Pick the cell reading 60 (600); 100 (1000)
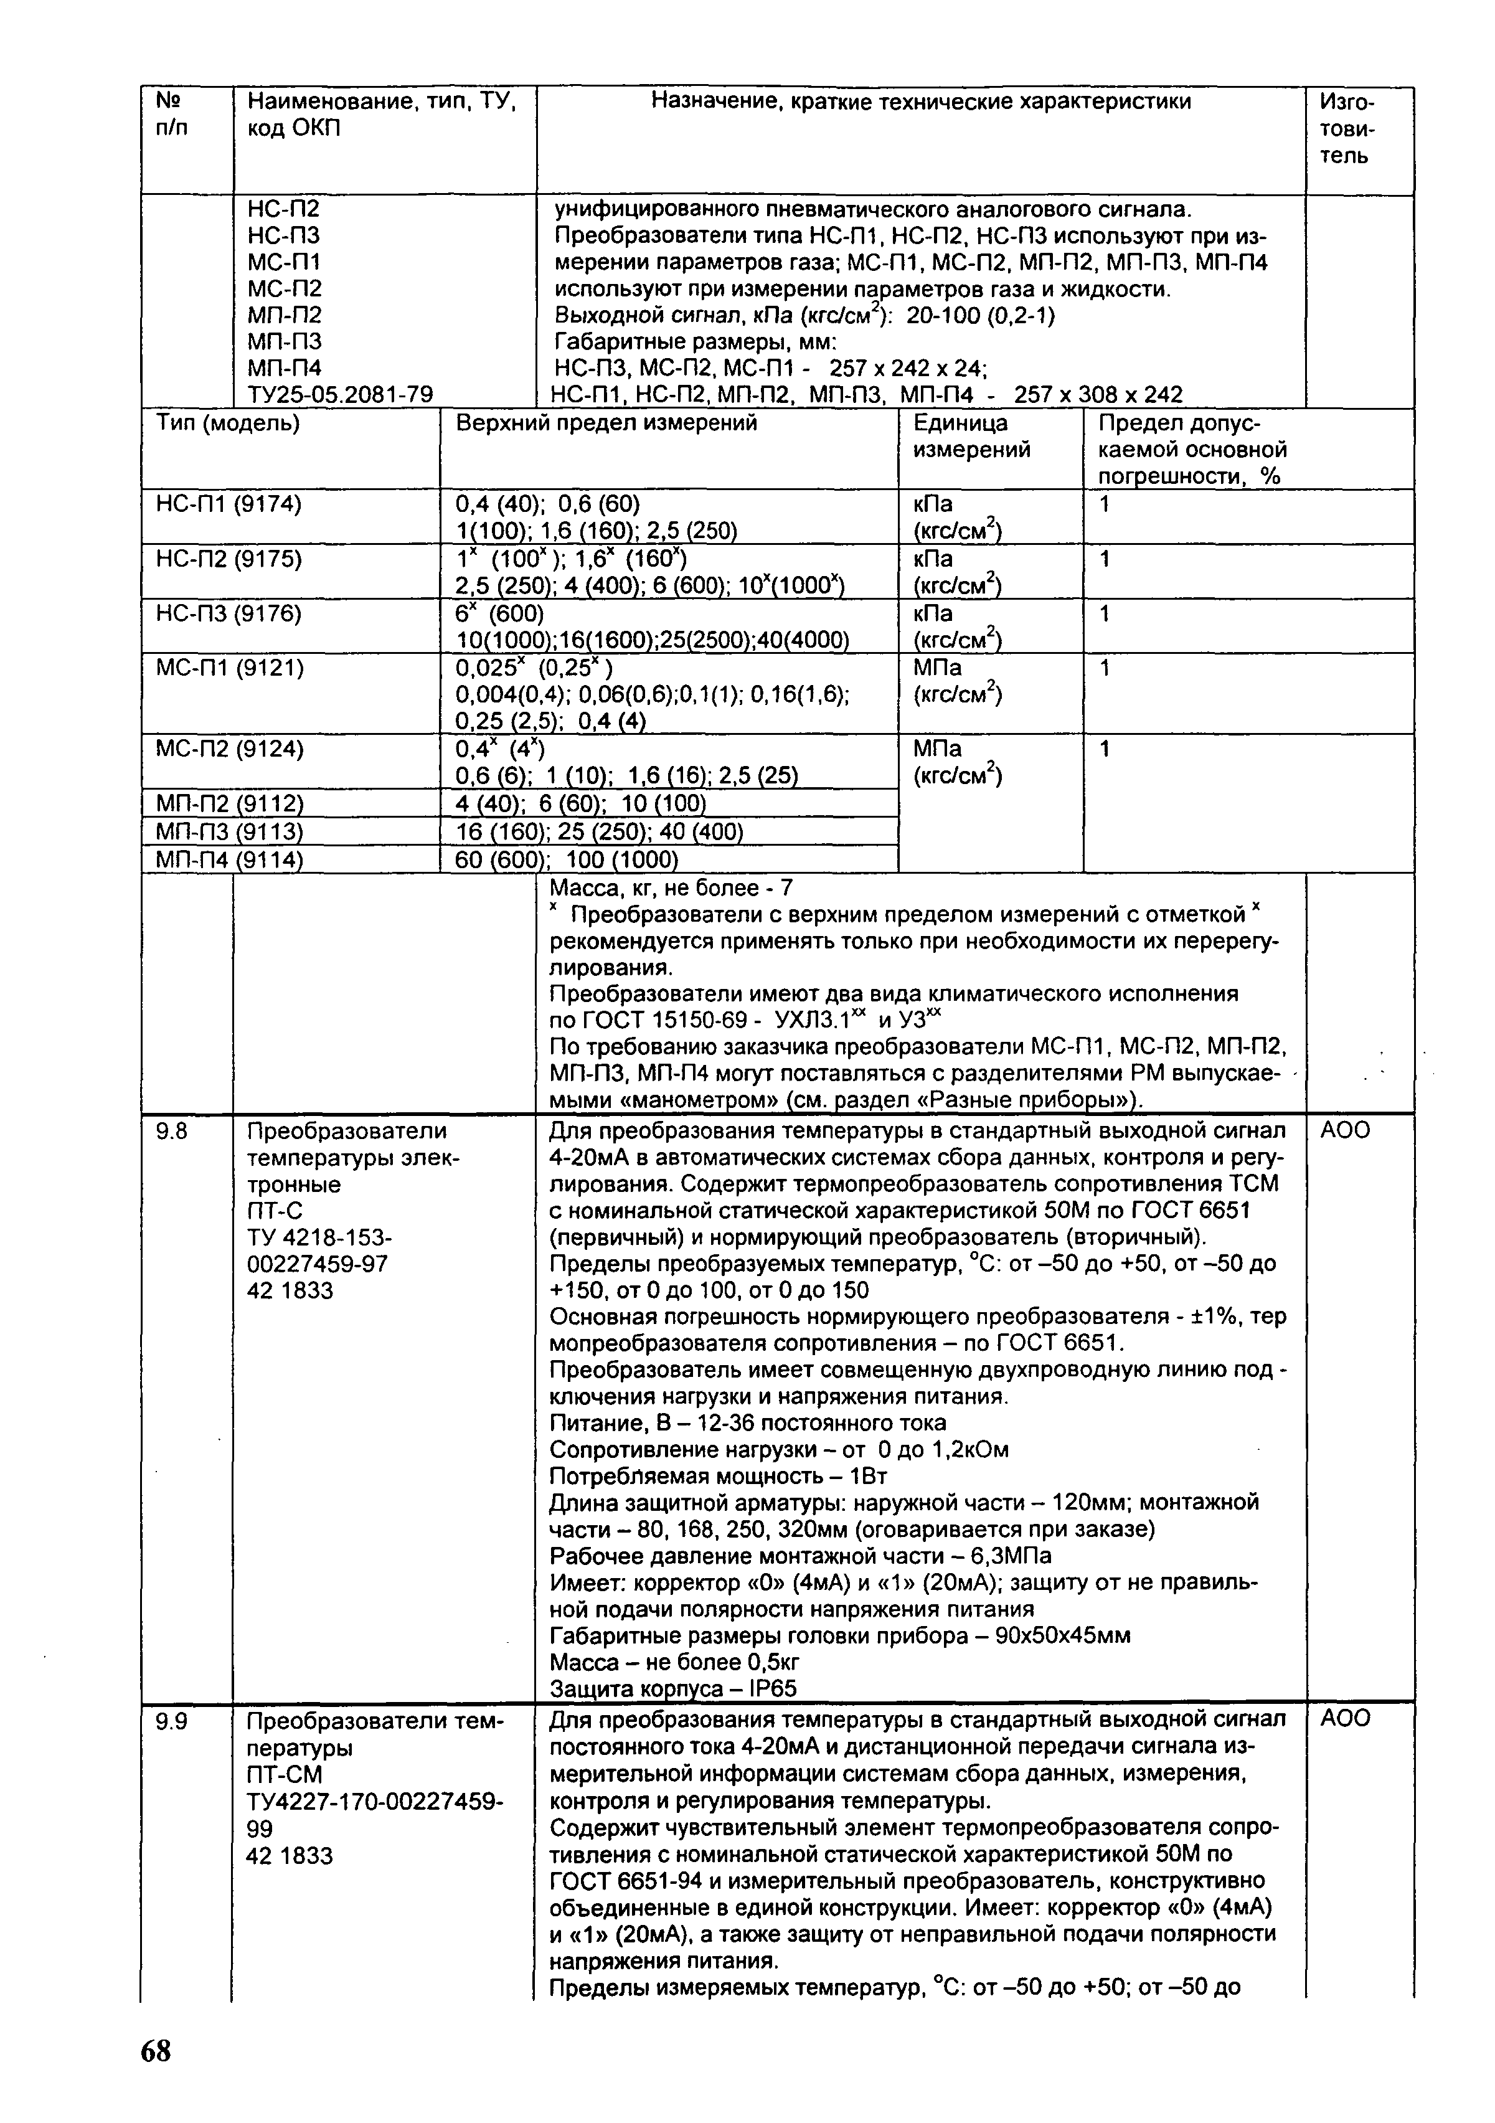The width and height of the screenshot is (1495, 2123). point(567,860)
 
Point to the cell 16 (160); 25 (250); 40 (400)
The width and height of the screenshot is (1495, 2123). point(599,832)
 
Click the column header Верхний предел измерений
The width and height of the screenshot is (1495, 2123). point(606,423)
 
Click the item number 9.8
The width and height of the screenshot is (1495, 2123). point(172,1131)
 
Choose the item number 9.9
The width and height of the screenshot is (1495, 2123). point(172,1719)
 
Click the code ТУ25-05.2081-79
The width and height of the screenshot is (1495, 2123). point(339,395)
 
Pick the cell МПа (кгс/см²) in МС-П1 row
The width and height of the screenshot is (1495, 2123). point(958,681)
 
